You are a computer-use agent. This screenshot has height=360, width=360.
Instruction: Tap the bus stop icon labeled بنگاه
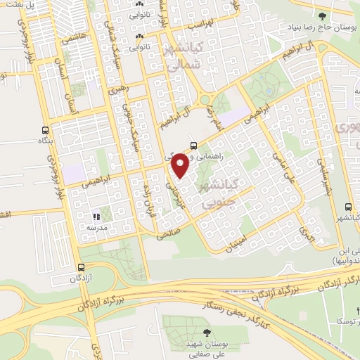coord(46,131)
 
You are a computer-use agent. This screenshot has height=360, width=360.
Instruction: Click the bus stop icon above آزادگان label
coord(81,267)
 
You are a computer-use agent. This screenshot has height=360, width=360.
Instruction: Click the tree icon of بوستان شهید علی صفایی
coord(206,332)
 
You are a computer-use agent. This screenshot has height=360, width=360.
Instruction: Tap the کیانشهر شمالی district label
coord(181,54)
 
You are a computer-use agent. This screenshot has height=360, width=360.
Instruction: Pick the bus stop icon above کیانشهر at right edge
coord(349,207)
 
